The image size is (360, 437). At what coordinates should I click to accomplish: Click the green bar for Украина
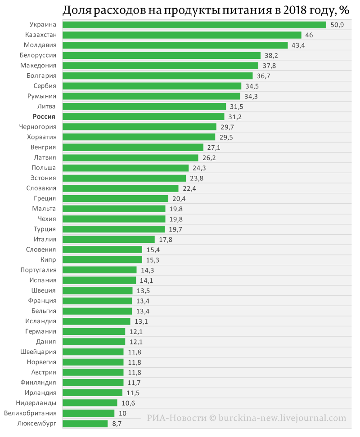coord(194,25)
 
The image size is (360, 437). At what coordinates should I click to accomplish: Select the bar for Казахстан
coord(182,35)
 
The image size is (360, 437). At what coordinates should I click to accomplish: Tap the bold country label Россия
coord(44,116)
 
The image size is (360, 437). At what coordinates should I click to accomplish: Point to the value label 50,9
coord(337,25)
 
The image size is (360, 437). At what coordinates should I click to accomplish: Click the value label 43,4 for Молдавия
coord(298,45)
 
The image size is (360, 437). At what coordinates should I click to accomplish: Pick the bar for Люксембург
coord(85,424)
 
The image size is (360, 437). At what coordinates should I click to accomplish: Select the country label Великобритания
coord(30,413)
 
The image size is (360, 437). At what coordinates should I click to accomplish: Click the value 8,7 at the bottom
coord(117,424)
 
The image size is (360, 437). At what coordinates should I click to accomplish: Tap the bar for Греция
coord(116,199)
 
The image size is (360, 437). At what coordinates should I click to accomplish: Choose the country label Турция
coord(45,229)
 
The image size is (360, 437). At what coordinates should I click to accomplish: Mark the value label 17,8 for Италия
coord(166,240)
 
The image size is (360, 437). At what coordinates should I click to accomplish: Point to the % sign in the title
coord(344,10)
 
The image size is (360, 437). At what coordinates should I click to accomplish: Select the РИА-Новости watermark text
coord(177,418)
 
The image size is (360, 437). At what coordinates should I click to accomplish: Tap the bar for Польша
coord(126,168)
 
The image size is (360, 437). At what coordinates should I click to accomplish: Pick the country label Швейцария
coord(38,352)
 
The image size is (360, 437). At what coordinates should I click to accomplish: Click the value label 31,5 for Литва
coord(236,107)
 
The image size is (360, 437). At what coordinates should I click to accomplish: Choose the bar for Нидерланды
coord(90,403)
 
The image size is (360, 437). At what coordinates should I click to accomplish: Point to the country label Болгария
coord(41,76)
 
